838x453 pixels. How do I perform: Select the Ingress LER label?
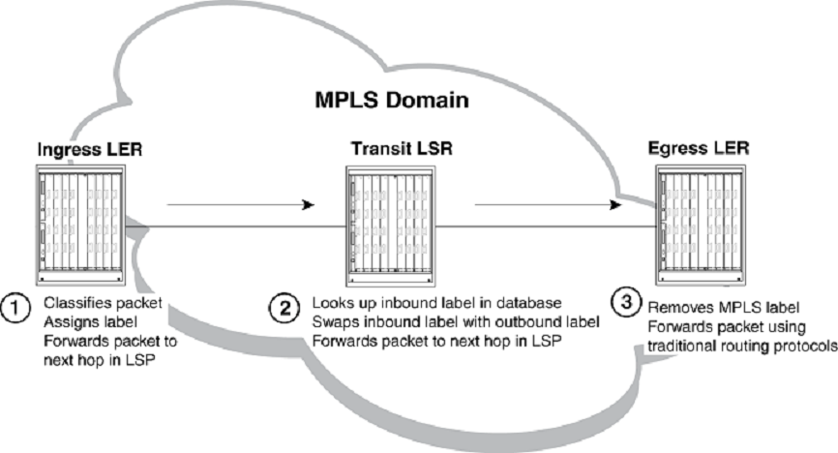pos(82,151)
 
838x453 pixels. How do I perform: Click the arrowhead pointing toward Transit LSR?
pos(308,205)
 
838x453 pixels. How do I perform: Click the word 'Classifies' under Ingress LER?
pos(72,301)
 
